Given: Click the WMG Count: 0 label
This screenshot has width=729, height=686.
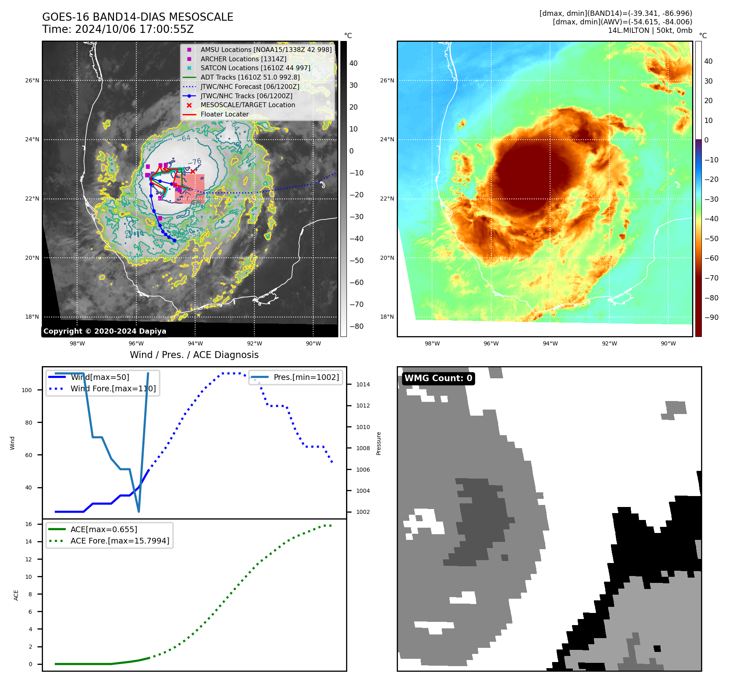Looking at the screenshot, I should (x=438, y=378).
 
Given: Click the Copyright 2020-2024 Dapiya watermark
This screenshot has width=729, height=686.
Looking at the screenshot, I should (x=105, y=331).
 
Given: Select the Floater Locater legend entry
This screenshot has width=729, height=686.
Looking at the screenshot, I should (x=224, y=114).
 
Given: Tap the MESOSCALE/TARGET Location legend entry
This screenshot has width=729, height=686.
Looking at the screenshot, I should (x=247, y=105).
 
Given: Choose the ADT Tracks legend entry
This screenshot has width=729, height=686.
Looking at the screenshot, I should (x=250, y=78).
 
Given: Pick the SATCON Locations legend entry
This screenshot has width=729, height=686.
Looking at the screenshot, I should (x=255, y=68).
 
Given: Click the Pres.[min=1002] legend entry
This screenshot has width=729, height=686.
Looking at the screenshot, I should (x=306, y=378).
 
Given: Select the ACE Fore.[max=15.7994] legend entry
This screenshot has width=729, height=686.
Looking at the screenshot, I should (x=120, y=541).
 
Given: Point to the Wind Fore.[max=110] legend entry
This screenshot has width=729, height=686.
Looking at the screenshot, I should (x=113, y=389).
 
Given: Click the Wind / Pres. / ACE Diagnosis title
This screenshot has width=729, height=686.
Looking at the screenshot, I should (x=194, y=355).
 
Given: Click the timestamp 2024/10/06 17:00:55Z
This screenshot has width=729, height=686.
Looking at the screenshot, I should (x=134, y=30).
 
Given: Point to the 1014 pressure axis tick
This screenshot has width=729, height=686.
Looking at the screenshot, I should (x=363, y=384).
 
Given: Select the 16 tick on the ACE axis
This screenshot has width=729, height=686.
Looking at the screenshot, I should (x=29, y=524).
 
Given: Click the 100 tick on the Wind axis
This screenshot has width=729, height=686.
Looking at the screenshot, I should (x=27, y=390).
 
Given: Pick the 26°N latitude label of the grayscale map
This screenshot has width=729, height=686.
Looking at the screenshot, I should (x=32, y=80).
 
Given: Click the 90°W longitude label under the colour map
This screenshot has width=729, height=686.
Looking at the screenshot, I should (x=668, y=343).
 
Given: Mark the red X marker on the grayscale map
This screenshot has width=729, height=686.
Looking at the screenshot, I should (x=193, y=171).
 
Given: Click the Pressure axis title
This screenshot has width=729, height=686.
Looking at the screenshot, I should (x=379, y=443).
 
